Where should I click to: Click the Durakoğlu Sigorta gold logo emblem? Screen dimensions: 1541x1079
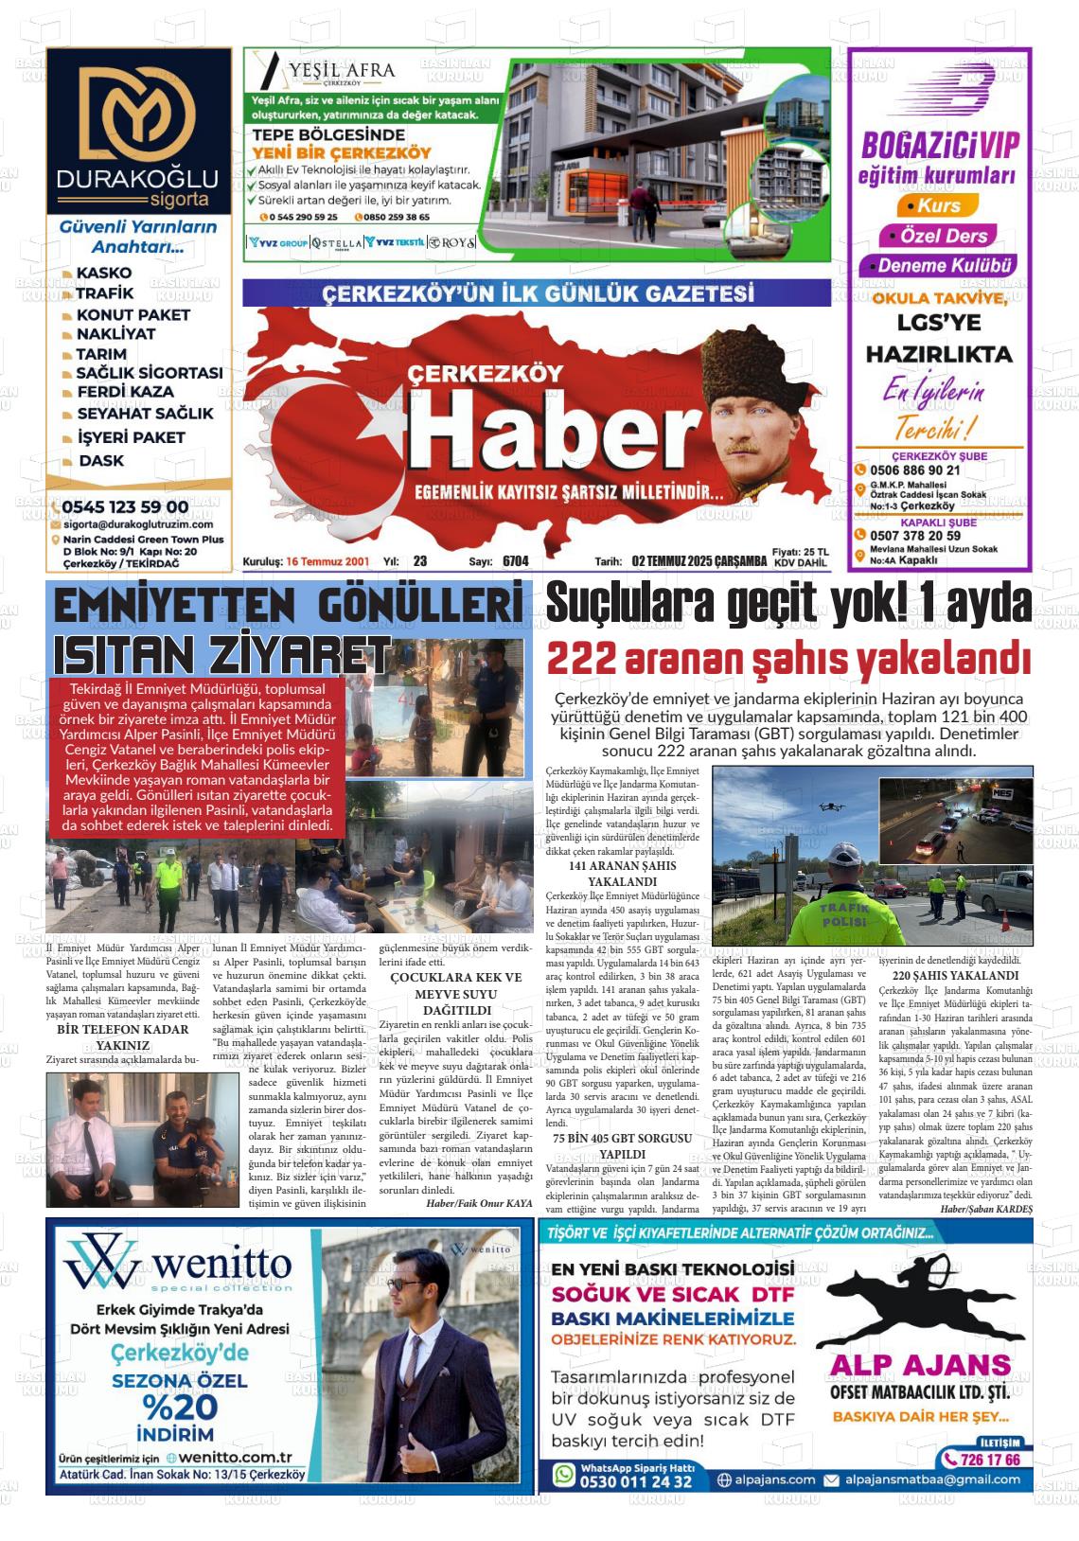(138, 112)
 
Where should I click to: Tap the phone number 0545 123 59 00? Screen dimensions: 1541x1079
(125, 507)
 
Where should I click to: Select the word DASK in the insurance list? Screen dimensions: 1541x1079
(101, 461)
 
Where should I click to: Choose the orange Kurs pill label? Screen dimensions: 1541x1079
(932, 205)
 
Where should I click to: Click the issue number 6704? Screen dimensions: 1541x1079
(516, 561)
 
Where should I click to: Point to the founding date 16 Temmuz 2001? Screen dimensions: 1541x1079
(327, 561)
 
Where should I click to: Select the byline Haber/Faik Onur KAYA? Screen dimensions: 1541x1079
(479, 1203)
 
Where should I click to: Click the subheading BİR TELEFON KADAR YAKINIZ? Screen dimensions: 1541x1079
(123, 1036)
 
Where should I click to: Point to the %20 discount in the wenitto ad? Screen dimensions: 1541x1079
(180, 1407)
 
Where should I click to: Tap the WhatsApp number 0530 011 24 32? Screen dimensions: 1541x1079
(635, 1481)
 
